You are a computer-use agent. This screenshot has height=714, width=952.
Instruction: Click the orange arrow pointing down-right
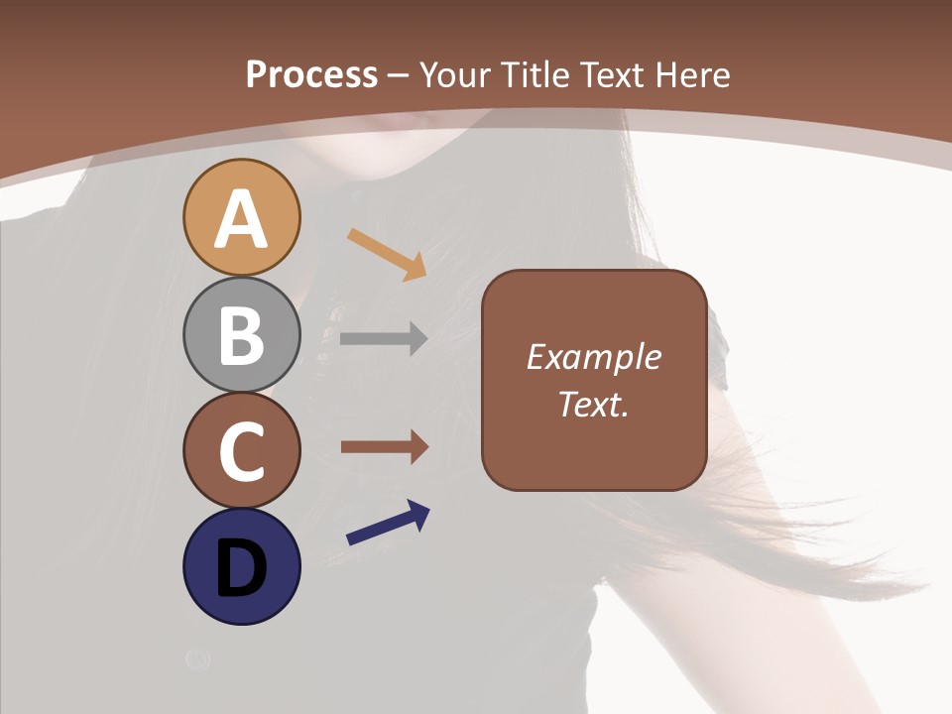coord(387,254)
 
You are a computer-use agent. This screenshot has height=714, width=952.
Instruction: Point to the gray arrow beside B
coord(384,338)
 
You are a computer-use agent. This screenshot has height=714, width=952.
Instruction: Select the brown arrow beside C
coord(384,447)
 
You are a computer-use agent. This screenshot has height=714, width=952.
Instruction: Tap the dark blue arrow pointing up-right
coord(388,524)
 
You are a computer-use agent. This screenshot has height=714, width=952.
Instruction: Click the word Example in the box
coord(593,357)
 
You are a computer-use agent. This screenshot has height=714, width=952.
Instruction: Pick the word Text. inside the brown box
coord(593,405)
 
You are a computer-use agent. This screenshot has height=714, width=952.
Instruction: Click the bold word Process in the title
coord(311,74)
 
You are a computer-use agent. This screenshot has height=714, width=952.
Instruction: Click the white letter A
coord(241,219)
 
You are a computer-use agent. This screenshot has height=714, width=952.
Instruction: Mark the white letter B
coord(241,335)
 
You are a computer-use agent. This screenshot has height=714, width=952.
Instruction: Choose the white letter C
coord(241,451)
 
